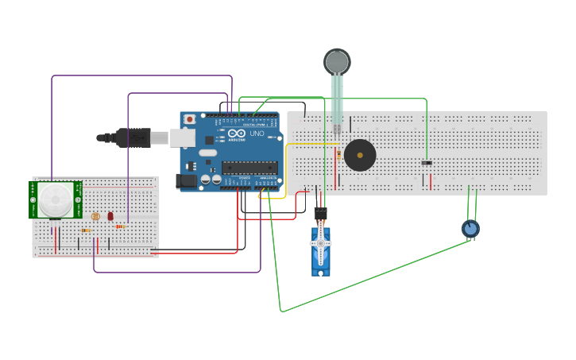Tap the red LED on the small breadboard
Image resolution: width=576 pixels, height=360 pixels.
pyautogui.click(x=110, y=216)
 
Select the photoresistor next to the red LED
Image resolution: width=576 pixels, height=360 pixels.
pyautogui.click(x=95, y=216)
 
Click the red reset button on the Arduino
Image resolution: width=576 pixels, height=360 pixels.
pyautogui.click(x=189, y=120)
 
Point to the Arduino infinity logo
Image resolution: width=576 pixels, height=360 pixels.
pyautogui.click(x=236, y=134)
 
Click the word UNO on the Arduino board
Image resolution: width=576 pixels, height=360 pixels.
pyautogui.click(x=257, y=134)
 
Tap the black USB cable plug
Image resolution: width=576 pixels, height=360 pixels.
pyautogui.click(x=132, y=137)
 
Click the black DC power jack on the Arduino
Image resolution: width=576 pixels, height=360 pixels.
pyautogui.click(x=187, y=180)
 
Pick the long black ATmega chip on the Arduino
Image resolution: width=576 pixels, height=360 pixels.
pyautogui.click(x=249, y=167)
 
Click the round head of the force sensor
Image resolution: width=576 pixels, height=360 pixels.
pyautogui.click(x=337, y=62)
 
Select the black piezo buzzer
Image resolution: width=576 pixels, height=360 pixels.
pyautogui.click(x=360, y=155)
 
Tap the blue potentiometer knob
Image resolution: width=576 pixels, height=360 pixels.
pyautogui.click(x=470, y=229)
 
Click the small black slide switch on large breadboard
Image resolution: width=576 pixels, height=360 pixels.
pyautogui.click(x=427, y=163)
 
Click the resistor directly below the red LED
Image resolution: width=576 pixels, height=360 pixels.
pyautogui.click(x=120, y=226)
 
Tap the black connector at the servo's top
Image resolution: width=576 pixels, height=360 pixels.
pyautogui.click(x=320, y=213)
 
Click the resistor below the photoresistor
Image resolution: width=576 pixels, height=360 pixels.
pyautogui.click(x=85, y=230)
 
